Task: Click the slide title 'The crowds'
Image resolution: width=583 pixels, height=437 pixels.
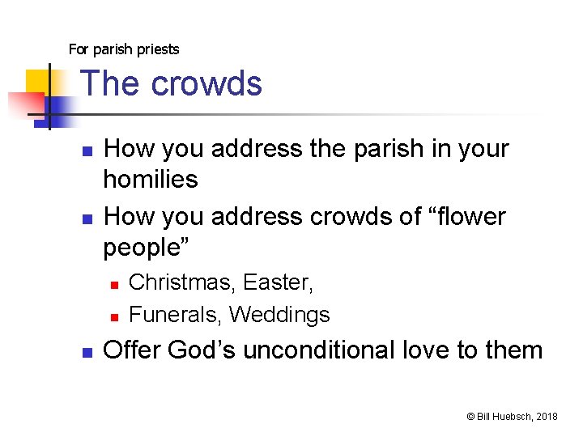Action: click(172, 83)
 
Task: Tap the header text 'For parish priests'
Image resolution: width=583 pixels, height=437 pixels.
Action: click(124, 49)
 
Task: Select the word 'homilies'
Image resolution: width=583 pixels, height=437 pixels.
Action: click(151, 179)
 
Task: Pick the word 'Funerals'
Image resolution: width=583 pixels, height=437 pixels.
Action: click(175, 314)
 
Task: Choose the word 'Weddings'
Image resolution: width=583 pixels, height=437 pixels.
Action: click(279, 314)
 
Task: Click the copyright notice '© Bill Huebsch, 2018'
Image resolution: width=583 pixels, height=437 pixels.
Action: click(512, 416)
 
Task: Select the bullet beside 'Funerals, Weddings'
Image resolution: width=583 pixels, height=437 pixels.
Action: click(115, 316)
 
